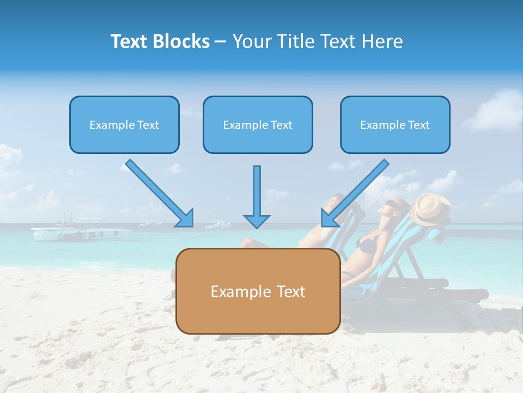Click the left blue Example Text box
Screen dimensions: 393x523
[124, 124]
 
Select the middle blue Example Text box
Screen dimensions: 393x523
[258, 124]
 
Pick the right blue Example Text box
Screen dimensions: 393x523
[395, 124]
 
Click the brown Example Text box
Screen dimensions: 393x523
[258, 291]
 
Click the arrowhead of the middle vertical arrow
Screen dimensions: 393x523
[257, 221]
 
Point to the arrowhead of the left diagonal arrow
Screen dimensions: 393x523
[185, 218]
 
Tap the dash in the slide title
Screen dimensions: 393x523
[221, 41]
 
